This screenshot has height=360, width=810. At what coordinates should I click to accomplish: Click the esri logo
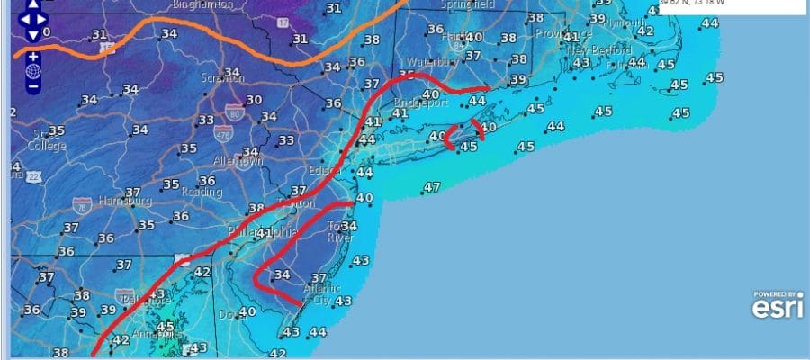(776, 307)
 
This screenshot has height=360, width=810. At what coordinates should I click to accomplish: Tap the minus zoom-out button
(32, 87)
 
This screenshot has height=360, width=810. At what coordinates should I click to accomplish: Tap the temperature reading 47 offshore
(432, 187)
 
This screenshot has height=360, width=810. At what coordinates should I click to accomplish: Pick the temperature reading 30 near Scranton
(255, 100)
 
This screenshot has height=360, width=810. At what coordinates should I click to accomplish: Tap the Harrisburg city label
(122, 200)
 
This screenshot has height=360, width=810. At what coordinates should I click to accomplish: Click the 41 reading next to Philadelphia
(264, 233)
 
